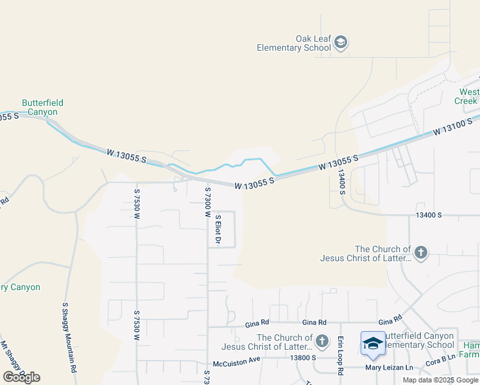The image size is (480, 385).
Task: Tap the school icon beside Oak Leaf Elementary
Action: point(341,43)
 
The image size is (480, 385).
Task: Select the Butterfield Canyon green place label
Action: point(42,107)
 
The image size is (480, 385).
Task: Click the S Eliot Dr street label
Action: point(218,230)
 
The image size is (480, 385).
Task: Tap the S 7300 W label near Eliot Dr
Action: point(207,202)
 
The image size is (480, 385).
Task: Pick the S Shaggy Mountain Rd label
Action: point(69,338)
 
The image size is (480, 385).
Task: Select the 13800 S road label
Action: point(304,357)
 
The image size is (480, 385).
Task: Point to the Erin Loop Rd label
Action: point(341,355)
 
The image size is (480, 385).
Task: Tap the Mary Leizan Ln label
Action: point(389,368)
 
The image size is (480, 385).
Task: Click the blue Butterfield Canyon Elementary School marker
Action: point(373,344)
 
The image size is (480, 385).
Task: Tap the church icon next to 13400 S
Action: point(420,252)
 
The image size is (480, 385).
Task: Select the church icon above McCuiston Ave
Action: point(321,341)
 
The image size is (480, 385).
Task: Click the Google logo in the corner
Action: point(21,377)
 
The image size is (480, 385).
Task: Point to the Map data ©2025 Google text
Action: point(440,380)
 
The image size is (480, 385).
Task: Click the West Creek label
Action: point(467,96)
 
